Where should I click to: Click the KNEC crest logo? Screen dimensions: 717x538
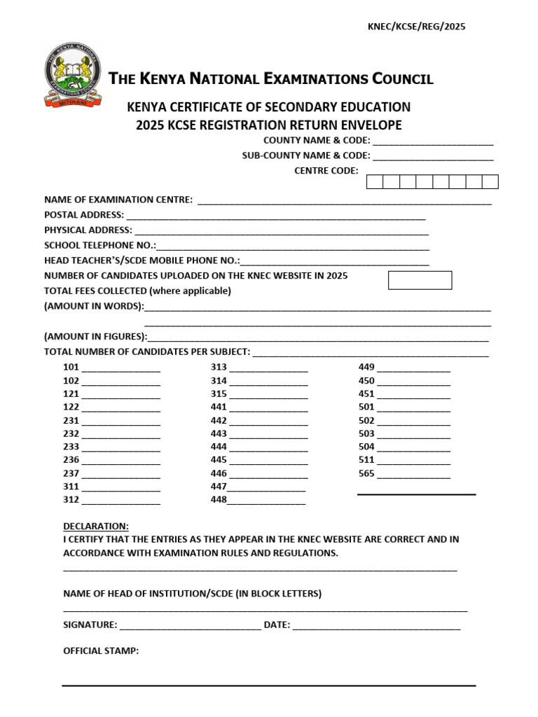pyautogui.click(x=72, y=74)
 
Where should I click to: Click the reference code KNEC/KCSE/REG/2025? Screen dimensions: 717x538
pyautogui.click(x=416, y=27)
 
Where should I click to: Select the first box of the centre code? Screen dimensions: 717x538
pyautogui.click(x=375, y=182)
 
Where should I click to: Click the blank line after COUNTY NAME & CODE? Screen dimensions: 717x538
pyautogui.click(x=433, y=142)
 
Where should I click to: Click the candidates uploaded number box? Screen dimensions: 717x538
pyautogui.click(x=420, y=280)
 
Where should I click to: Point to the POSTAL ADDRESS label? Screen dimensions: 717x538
pyautogui.click(x=84, y=215)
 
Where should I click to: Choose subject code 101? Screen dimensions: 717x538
pyautogui.click(x=71, y=368)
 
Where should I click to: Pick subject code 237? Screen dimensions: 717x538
pyautogui.click(x=71, y=474)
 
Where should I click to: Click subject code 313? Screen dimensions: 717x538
pyautogui.click(x=219, y=368)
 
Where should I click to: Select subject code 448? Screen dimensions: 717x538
pyautogui.click(x=219, y=500)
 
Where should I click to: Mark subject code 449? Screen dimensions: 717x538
pyautogui.click(x=366, y=368)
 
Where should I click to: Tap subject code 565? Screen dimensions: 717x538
pyautogui.click(x=366, y=474)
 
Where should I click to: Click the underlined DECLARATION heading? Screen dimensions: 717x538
pyautogui.click(x=96, y=526)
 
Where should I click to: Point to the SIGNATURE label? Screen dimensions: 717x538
pyautogui.click(x=90, y=625)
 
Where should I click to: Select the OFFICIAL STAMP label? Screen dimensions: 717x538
pyautogui.click(x=101, y=651)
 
